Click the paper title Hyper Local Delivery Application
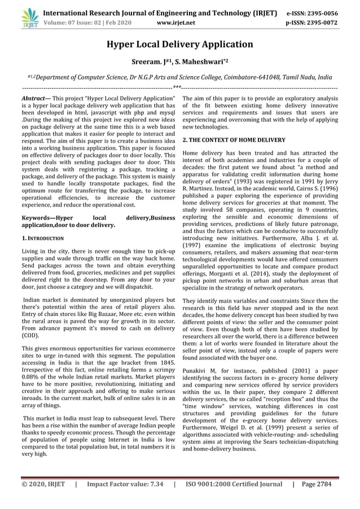tap(180, 44)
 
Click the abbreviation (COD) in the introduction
tap(30, 335)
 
